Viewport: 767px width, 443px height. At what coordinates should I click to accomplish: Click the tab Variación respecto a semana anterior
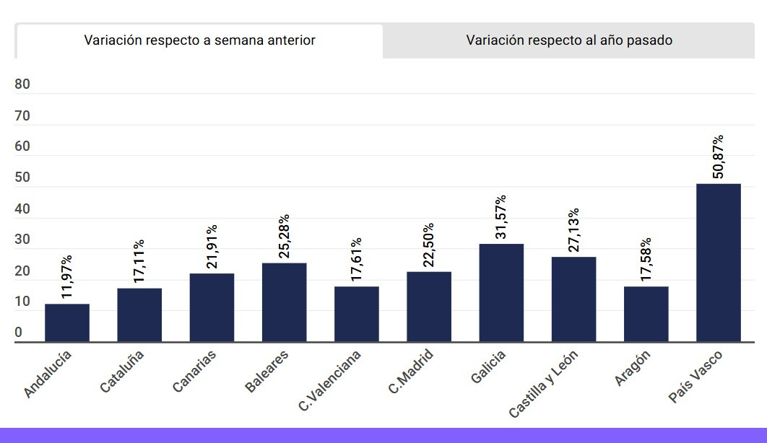click(199, 40)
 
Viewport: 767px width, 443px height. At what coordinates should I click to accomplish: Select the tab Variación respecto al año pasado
click(569, 40)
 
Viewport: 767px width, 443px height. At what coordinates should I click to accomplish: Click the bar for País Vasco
click(718, 263)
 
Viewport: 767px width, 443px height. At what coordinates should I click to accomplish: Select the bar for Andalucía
click(67, 323)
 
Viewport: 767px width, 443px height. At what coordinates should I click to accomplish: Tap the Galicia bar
click(501, 292)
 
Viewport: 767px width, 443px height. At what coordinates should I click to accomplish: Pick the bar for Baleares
click(284, 302)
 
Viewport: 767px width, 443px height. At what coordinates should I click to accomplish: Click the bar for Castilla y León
click(573, 299)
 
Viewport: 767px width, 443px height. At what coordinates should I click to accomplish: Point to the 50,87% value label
click(718, 157)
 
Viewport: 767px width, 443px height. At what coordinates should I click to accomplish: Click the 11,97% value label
click(67, 277)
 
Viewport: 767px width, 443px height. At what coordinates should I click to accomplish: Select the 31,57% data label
click(501, 216)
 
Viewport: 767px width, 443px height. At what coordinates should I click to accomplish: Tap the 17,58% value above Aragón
click(646, 260)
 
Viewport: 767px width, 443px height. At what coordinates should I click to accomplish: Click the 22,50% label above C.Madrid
click(429, 245)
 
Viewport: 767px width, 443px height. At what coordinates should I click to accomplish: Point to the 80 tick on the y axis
click(22, 84)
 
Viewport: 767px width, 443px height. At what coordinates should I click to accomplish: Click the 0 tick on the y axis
click(19, 333)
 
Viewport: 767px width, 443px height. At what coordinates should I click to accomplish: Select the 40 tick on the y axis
click(22, 209)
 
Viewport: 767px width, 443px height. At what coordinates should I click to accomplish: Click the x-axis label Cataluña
click(123, 371)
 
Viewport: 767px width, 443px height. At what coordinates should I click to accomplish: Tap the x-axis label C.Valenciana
click(330, 380)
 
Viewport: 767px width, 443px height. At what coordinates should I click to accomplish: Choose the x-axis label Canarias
click(194, 372)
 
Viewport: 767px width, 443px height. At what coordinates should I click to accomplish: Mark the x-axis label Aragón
click(633, 368)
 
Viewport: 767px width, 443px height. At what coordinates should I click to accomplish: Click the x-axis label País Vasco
click(695, 376)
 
